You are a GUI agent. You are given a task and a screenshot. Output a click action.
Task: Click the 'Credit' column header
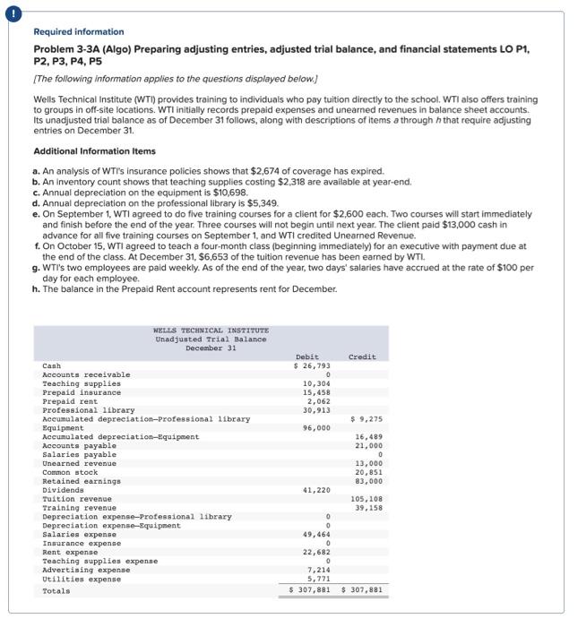[x=362, y=356]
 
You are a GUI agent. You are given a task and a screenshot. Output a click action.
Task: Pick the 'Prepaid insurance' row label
[x=82, y=392]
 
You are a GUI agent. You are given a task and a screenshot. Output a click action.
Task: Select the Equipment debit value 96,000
[x=316, y=428]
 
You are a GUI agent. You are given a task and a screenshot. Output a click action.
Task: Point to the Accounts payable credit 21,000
[x=368, y=446]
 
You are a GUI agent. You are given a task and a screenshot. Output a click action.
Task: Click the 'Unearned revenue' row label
[x=79, y=463]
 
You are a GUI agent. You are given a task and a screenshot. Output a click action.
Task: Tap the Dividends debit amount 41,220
[x=316, y=490]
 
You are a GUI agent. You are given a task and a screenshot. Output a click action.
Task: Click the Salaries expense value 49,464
[x=316, y=535]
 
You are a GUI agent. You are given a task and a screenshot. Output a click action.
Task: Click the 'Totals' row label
[x=56, y=591]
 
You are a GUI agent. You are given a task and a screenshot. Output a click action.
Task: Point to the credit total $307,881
[x=362, y=591]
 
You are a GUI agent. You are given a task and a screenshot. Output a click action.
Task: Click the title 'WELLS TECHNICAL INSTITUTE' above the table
[x=211, y=331]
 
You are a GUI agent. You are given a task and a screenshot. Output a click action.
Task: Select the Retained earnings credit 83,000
[x=368, y=481]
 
